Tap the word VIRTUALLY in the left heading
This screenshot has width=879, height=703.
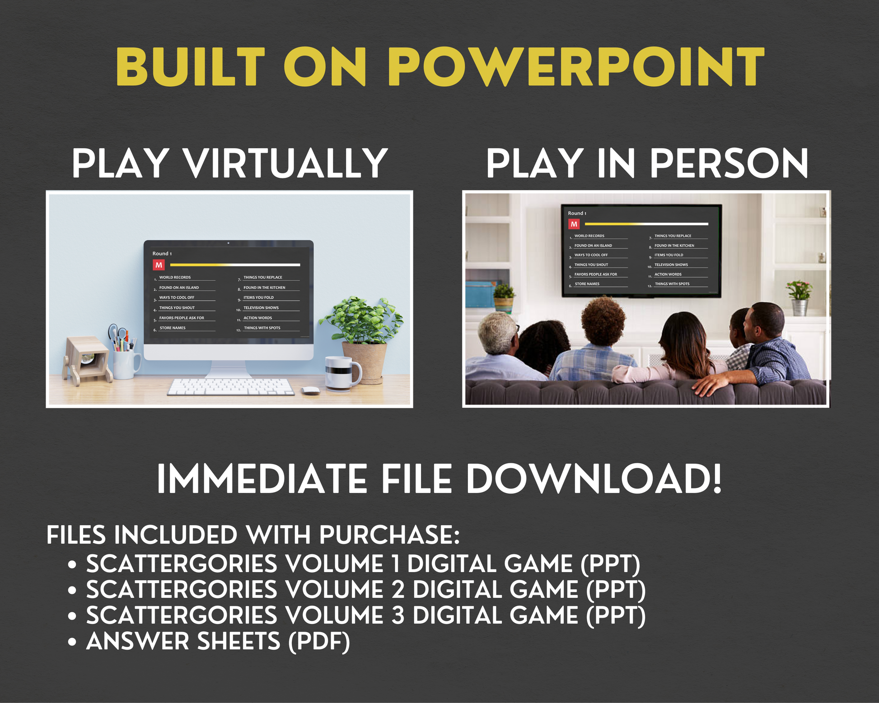click(x=285, y=163)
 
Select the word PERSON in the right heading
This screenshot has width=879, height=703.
click(x=729, y=163)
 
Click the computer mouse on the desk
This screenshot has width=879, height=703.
click(x=310, y=391)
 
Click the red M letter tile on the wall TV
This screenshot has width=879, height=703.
click(x=574, y=224)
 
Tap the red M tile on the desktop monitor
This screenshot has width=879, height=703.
click(x=159, y=265)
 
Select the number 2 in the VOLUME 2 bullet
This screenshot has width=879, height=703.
click(x=398, y=590)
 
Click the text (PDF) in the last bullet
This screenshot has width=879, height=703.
click(x=319, y=642)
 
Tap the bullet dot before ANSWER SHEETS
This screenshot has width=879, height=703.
click(x=72, y=642)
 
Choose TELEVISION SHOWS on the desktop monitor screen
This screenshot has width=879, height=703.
click(x=261, y=308)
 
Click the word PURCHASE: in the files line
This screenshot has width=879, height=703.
click(x=389, y=535)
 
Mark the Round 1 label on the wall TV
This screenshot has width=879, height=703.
click(x=577, y=213)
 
